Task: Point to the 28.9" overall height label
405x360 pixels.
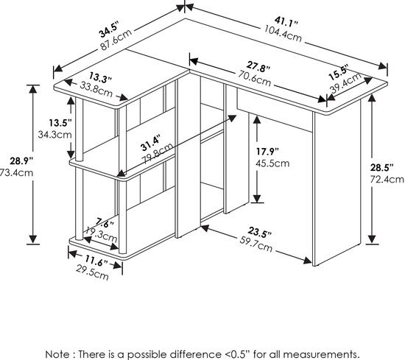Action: click(13, 160)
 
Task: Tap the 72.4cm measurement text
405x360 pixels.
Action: click(387, 179)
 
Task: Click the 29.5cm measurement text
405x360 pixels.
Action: click(94, 275)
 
